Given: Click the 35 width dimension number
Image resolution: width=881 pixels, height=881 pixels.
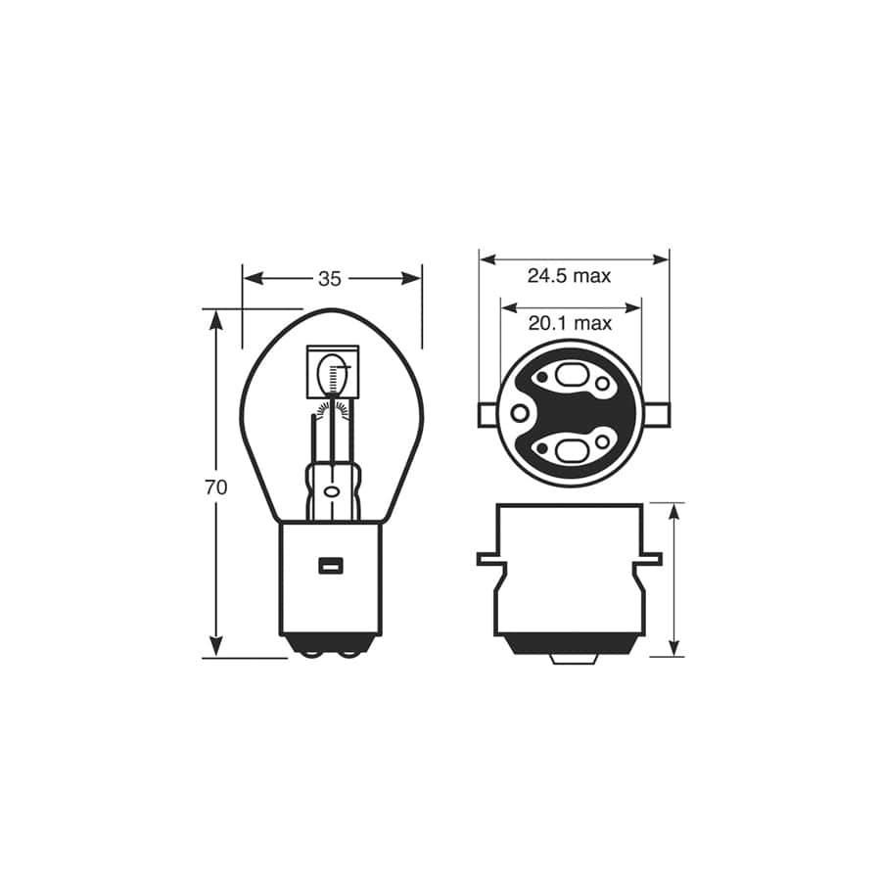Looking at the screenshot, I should [x=330, y=279].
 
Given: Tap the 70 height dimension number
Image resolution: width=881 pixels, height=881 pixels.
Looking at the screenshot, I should [x=216, y=487].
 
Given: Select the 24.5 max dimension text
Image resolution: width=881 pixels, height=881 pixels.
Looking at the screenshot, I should [x=569, y=276].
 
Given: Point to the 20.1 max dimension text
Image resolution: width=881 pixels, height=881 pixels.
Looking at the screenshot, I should [x=570, y=323].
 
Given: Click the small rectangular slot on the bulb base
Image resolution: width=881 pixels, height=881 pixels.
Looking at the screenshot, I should [x=330, y=565].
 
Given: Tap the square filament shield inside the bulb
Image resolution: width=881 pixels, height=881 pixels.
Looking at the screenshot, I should [x=333, y=373].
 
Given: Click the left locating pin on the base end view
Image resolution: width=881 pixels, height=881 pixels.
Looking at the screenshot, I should [x=487, y=414].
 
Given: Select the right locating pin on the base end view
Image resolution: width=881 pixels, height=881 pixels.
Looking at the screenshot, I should [x=660, y=414].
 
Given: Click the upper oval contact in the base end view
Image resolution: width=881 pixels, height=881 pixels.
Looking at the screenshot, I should [x=570, y=375].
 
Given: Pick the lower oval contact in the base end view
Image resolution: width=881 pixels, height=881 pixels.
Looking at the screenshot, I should [x=570, y=451].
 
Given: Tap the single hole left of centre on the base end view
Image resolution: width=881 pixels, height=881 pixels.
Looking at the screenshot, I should [x=519, y=414].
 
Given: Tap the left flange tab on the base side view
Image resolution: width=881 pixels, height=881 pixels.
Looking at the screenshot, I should [x=487, y=559].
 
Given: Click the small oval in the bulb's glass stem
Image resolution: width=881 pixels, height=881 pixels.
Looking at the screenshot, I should [x=331, y=490].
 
